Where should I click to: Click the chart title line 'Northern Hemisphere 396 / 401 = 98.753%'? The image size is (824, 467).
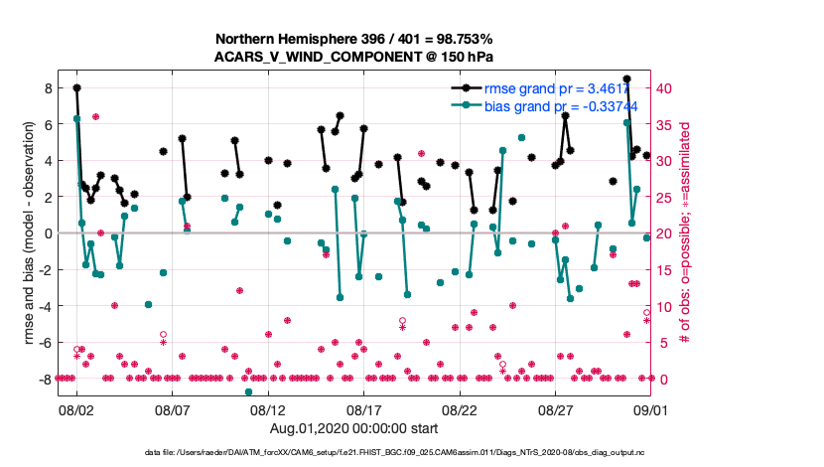pos(355,39)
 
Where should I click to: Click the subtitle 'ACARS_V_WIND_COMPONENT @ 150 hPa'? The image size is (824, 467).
pos(355,57)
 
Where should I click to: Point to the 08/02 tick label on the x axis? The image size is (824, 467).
pos(76,409)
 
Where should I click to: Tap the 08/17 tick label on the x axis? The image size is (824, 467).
pos(364,409)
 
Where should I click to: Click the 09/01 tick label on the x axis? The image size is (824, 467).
pos(652,409)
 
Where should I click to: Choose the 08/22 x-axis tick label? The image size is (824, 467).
pos(461,409)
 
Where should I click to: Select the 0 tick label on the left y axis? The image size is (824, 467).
pos(47,233)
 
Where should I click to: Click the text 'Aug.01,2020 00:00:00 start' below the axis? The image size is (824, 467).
pos(354,427)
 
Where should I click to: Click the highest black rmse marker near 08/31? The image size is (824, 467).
pos(626,78)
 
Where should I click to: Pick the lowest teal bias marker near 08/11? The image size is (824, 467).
pos(249,391)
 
